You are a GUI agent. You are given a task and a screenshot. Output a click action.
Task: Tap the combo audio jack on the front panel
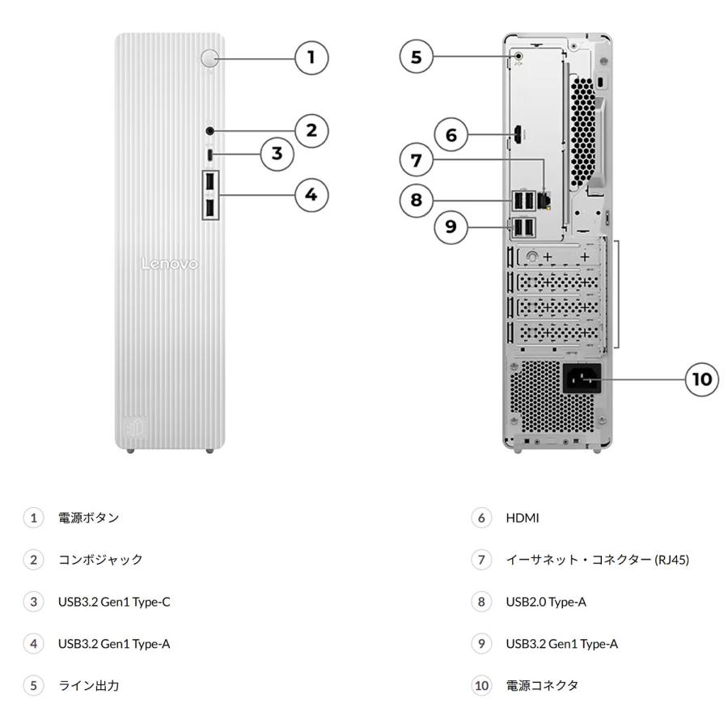click(210, 130)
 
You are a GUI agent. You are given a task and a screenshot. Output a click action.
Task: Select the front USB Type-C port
click(210, 154)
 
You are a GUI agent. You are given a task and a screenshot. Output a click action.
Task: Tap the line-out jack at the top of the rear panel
click(520, 57)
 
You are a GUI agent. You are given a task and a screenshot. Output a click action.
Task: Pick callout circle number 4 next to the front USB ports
click(311, 194)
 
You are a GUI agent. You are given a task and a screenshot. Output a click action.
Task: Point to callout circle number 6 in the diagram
click(452, 135)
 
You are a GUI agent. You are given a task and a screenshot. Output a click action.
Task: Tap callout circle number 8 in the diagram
click(416, 199)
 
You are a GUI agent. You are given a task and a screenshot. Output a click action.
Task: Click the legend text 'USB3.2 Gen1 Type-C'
click(112, 602)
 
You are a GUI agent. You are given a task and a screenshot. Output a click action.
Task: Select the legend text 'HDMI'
click(522, 518)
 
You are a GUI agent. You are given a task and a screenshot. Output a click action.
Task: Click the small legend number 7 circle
click(482, 560)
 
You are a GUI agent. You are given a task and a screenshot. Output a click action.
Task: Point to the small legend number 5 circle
click(33, 686)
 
